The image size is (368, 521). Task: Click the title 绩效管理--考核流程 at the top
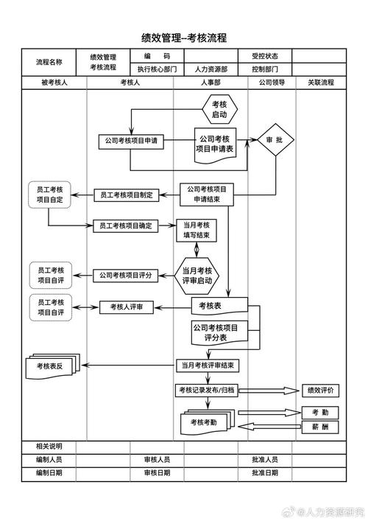[184, 38]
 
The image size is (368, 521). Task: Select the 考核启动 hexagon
[219, 110]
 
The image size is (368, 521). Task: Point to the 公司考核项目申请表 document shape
[215, 143]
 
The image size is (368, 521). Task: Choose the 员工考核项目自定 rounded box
[50, 195]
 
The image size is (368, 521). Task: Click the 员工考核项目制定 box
[126, 195]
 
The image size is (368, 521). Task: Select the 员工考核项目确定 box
[126, 226]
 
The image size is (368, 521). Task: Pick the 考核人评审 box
[127, 307]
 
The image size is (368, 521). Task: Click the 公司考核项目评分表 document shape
[216, 332]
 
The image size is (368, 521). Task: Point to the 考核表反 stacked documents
[49, 365]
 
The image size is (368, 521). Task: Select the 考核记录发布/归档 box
[205, 390]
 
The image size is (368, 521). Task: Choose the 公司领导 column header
[272, 83]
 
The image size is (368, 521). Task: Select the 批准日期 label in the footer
[264, 472]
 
